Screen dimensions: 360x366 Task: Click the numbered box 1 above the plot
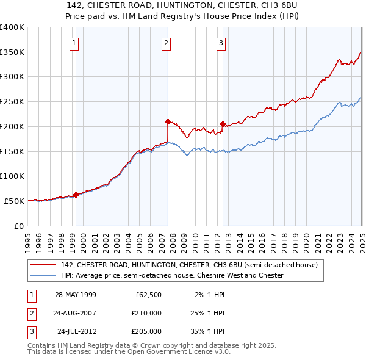(x=73, y=43)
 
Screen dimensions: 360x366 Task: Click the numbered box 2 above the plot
(x=166, y=43)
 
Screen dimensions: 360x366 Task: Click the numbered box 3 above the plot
(x=221, y=43)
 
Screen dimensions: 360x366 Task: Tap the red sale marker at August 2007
(x=168, y=121)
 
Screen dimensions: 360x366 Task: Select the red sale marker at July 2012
(x=223, y=124)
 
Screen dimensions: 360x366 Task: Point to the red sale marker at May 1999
(x=76, y=195)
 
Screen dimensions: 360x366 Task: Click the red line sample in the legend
(x=43, y=265)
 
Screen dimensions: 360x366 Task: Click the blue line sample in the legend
(x=43, y=276)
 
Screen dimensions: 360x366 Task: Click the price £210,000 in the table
(x=146, y=313)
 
